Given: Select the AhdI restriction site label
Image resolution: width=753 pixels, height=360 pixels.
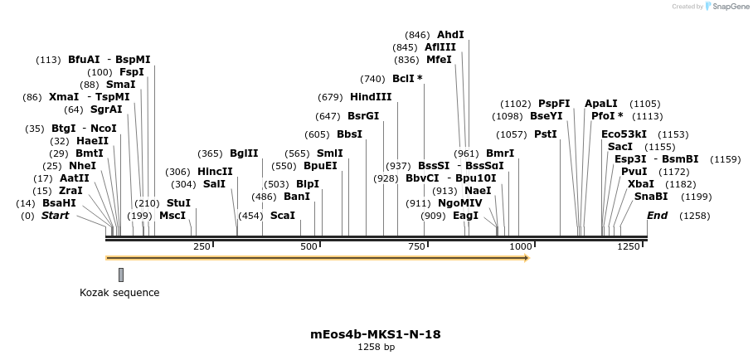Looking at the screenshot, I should [x=450, y=35].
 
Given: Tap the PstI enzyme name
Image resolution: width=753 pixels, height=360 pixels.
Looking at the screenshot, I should [x=545, y=134].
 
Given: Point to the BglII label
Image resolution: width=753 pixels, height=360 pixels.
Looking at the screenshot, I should [x=244, y=153].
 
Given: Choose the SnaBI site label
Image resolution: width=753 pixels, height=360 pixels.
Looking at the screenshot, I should [x=651, y=197].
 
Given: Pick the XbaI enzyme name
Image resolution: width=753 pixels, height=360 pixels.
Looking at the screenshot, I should [x=640, y=184].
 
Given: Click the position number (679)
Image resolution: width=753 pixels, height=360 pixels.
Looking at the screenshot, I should [x=330, y=97].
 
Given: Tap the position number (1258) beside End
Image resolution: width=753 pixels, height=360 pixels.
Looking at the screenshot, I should [x=695, y=216].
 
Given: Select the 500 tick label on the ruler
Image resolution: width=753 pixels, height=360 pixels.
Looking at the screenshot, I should [x=308, y=246].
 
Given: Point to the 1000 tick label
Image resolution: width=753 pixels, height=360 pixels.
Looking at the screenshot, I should [x=521, y=246].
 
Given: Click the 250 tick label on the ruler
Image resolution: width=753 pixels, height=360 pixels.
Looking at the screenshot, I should [x=202, y=246].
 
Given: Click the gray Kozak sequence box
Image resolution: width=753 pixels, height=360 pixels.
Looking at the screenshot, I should [x=121, y=275].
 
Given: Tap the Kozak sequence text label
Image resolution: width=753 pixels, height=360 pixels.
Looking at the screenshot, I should [x=119, y=293].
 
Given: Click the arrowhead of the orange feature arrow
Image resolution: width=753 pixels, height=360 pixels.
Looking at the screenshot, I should [x=526, y=258].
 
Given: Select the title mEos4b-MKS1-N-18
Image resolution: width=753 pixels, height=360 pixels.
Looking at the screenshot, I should [x=376, y=335].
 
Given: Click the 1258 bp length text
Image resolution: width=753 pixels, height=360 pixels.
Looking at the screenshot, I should [x=376, y=348].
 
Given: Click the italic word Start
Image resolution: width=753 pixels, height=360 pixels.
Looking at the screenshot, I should [x=56, y=216].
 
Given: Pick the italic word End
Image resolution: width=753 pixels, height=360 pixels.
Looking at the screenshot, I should [x=657, y=216].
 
